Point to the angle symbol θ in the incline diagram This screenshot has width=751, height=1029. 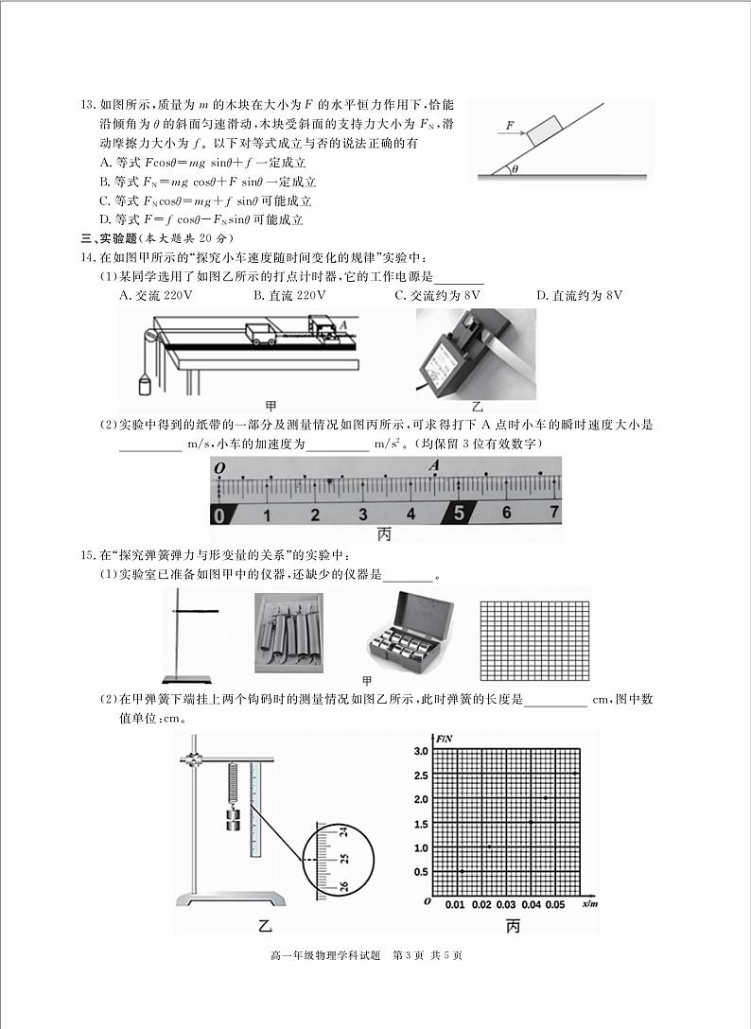[x=515, y=169]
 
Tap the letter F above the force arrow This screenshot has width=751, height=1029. [x=510, y=124]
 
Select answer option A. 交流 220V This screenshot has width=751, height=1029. [x=156, y=295]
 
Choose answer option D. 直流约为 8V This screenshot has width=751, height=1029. [x=579, y=295]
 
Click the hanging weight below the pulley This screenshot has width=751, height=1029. [x=145, y=383]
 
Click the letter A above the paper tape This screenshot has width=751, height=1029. [x=434, y=465]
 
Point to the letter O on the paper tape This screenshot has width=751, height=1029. [x=218, y=468]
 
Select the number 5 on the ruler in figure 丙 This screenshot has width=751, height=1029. [x=460, y=514]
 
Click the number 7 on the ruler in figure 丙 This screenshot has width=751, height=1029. [x=554, y=514]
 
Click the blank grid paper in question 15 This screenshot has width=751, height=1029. [x=534, y=637]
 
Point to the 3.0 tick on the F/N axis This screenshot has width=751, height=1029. [x=421, y=751]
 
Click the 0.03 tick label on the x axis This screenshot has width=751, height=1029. [x=505, y=905]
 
